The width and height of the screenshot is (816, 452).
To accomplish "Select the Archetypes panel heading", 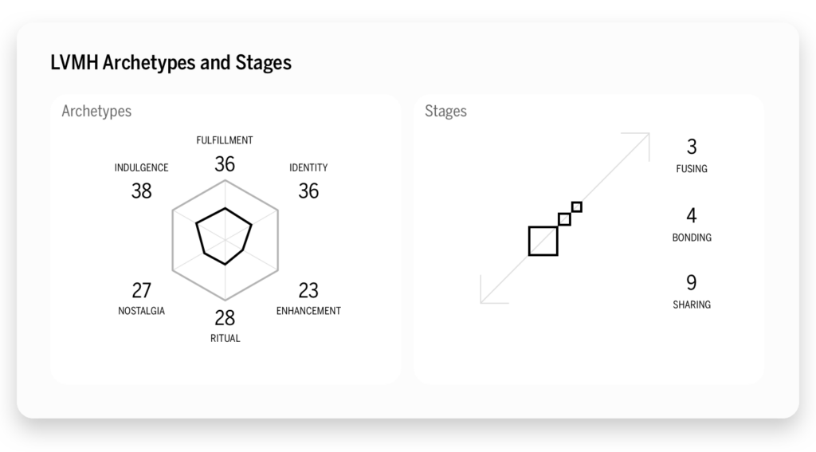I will pos(96,112).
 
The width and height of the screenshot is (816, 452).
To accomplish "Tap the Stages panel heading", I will pos(445,112).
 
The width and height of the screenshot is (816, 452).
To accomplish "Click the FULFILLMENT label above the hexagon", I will pos(225,140).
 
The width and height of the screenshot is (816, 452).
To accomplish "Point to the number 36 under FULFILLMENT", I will pos(225,164).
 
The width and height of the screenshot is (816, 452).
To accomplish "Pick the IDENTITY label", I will pos(308,168).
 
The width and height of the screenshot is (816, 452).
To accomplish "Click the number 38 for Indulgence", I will pos(141,191).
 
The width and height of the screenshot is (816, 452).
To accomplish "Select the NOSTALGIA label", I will pos(141,311).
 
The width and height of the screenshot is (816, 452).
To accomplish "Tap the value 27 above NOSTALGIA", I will pos(141,290).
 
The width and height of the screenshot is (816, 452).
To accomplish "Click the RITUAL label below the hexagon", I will pos(225,338).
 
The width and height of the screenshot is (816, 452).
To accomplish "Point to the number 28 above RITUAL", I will pos(225,317).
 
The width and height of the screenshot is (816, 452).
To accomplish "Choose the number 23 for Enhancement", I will pos(308,290).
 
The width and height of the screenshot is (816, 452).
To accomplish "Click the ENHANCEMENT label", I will pos(308,311).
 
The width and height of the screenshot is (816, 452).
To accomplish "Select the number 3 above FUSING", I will pos(691,147).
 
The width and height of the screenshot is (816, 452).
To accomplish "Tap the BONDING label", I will pos(691,238).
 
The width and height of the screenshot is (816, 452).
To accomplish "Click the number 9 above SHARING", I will pos(691,283).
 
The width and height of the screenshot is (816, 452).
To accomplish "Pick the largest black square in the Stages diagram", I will pos(543,241).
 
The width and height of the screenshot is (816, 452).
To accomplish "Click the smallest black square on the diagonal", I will pos(577,207).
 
